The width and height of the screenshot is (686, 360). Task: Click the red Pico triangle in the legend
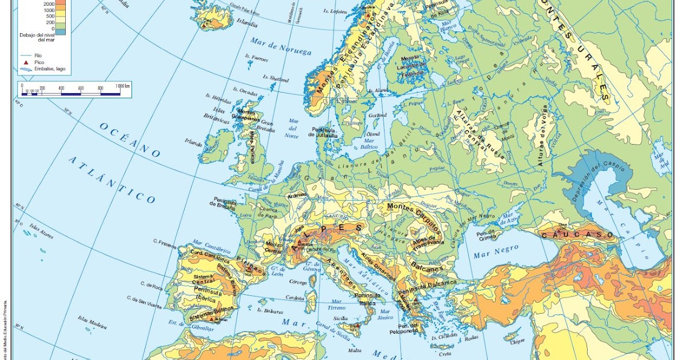tap(26, 62)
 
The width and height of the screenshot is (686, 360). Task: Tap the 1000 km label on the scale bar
tap(123, 86)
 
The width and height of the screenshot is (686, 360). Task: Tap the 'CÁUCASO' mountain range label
tap(577, 235)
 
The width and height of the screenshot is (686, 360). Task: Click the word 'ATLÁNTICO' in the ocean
tap(112, 179)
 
